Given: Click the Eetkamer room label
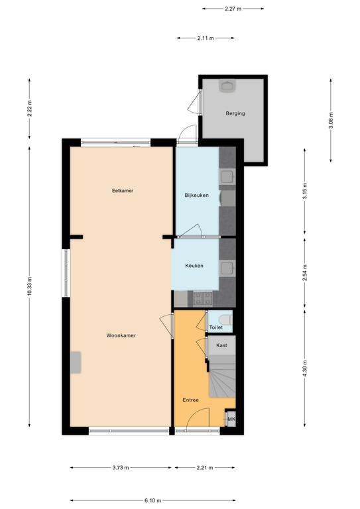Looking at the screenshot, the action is point(123,191).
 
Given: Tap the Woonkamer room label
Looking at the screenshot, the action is point(121,335).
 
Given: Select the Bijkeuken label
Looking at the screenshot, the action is point(197,195).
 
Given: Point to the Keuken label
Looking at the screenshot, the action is point(194,266).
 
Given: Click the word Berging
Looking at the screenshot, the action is point(235,113).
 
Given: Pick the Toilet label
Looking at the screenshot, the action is point(216,327).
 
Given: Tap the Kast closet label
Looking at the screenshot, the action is point(221,345).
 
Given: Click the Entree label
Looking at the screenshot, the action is point(190,400).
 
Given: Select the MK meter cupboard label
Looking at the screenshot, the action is point(231,419).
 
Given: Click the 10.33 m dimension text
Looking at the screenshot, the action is point(30,286).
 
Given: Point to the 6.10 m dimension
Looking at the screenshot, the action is point(153,500).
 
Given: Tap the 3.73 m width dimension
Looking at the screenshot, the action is point(121,468).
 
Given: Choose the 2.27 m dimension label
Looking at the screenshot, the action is point(233,9).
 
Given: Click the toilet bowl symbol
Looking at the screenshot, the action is point(227,319).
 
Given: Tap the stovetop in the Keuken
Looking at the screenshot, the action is point(203,300).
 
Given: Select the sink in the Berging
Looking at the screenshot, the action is point(227,86).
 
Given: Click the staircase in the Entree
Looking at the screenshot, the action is point(222,376).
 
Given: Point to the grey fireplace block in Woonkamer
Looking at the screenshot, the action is point(76,363).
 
